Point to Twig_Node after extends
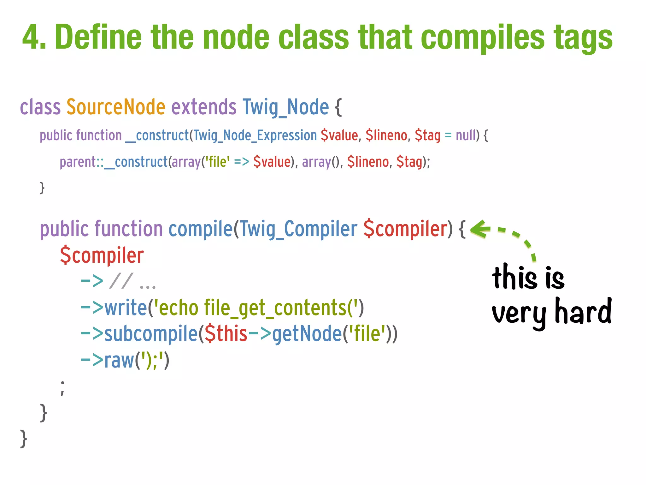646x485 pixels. [285, 107]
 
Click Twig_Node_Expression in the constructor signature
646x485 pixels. [255, 135]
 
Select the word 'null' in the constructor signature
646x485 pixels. [466, 135]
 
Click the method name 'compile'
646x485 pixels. [201, 229]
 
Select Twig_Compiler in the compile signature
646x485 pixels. [298, 230]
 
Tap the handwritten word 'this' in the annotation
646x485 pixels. [514, 278]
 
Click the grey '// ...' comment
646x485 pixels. [132, 281]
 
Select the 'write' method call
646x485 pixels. [126, 308]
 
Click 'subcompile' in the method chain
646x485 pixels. [151, 334]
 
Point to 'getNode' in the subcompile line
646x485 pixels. [307, 334]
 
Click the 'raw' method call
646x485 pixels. [119, 360]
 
